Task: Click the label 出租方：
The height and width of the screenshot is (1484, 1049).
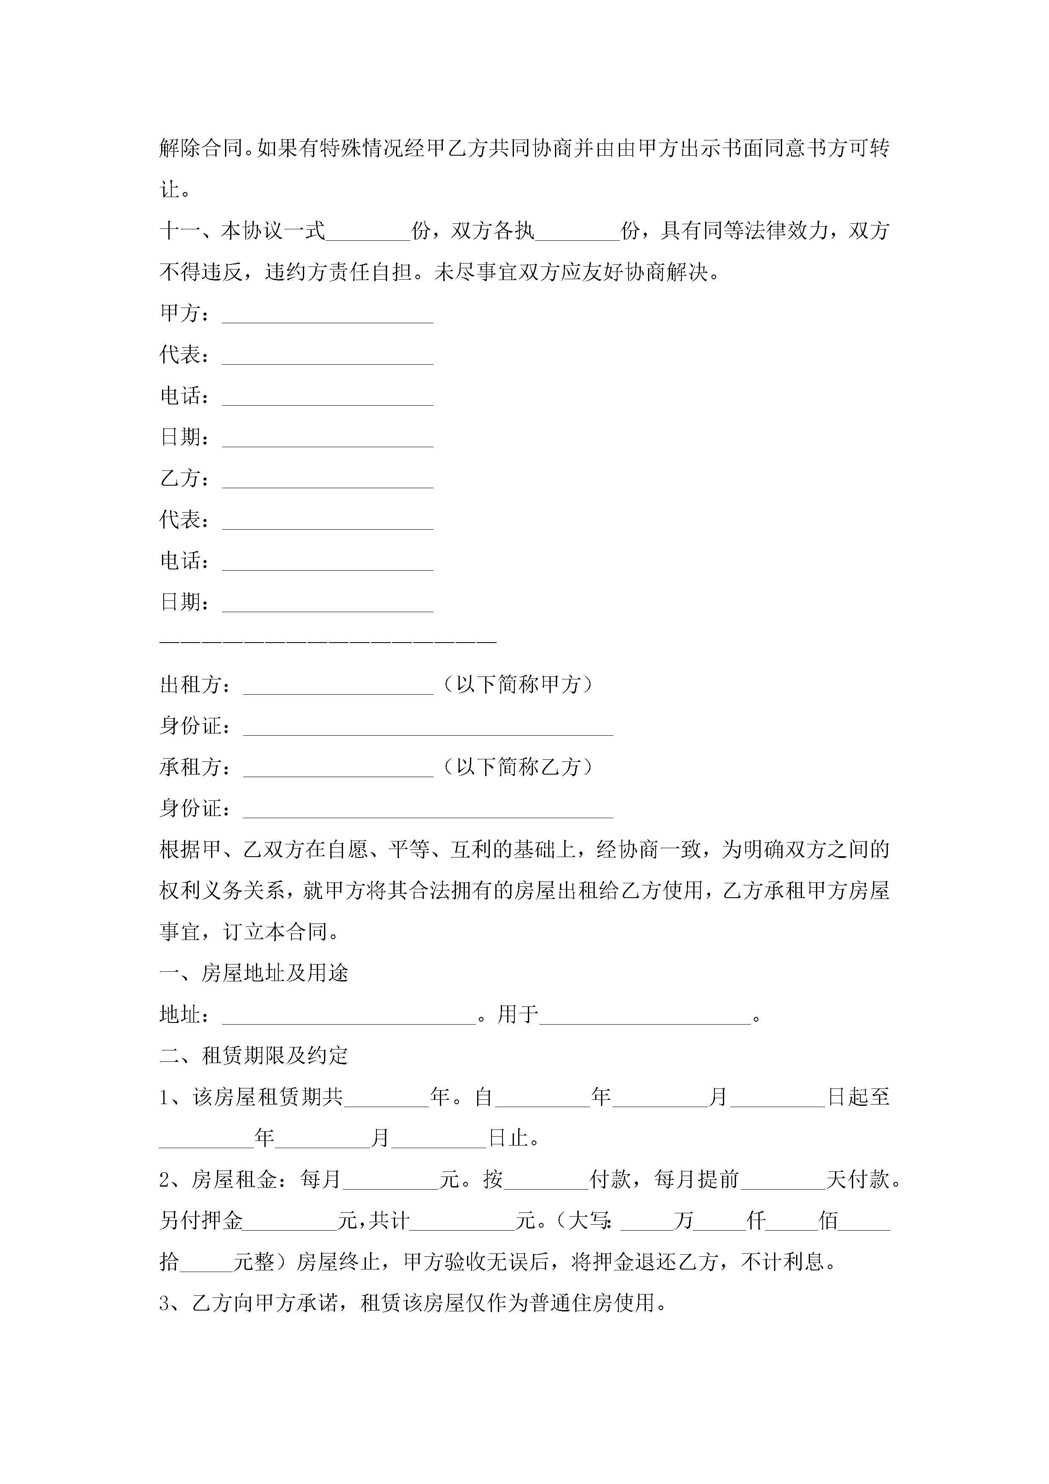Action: click(195, 685)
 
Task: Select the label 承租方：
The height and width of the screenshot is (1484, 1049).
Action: click(195, 768)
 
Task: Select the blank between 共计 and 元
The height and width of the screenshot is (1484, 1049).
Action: click(462, 1222)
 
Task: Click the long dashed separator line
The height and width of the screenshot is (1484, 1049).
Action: click(328, 642)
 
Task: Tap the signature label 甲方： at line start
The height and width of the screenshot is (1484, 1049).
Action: click(184, 314)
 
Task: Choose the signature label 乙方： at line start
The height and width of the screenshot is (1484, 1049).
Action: click(184, 479)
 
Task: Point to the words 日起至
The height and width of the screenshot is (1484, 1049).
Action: click(858, 1097)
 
